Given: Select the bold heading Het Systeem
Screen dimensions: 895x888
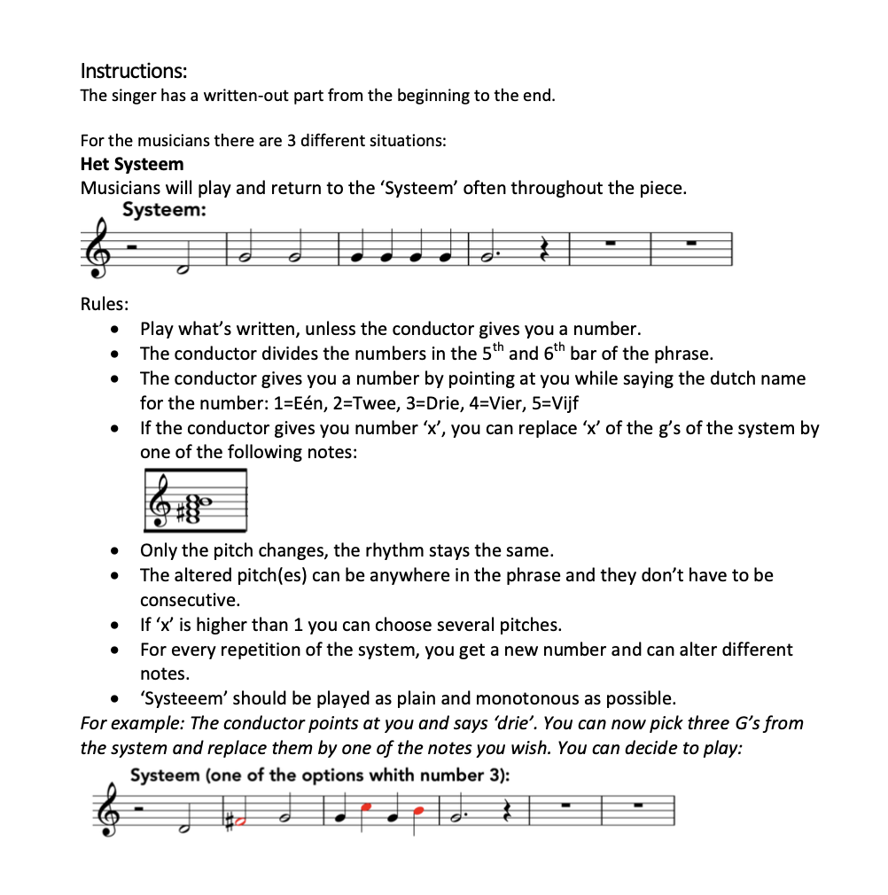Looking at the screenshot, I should click(x=132, y=164).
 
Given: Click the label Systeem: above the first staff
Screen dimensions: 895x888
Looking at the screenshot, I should click(x=165, y=210).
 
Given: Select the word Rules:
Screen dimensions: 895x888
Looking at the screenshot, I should click(x=105, y=304).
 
